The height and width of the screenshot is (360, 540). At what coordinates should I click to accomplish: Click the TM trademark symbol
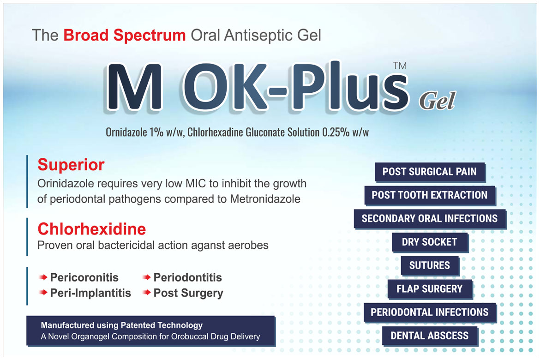(x=400, y=66)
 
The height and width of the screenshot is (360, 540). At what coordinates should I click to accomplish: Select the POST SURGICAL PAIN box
(x=430, y=172)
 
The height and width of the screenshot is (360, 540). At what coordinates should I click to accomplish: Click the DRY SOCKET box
(x=430, y=242)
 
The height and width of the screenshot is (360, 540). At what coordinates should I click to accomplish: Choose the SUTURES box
(x=430, y=265)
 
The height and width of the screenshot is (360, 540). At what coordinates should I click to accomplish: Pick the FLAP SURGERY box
(x=430, y=288)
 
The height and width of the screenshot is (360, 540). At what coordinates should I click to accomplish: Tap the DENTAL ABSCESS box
(x=430, y=336)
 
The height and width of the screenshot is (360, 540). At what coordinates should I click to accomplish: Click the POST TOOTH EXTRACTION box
(x=430, y=195)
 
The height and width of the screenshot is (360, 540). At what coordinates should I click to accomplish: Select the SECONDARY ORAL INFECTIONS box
(x=430, y=218)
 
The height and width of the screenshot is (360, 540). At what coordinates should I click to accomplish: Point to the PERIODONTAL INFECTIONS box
(x=430, y=312)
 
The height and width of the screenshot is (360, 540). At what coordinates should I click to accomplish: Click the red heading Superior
(x=71, y=165)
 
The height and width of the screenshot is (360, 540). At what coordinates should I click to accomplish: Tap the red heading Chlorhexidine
(x=92, y=229)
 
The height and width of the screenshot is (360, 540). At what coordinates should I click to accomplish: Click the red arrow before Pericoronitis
(x=43, y=277)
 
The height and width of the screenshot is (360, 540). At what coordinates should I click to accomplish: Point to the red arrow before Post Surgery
(x=147, y=293)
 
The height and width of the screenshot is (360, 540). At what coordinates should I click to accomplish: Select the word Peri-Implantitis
(x=90, y=293)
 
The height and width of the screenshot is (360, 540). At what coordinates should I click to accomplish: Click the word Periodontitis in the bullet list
(x=188, y=277)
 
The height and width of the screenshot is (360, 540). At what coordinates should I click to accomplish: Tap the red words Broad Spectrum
(x=124, y=35)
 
